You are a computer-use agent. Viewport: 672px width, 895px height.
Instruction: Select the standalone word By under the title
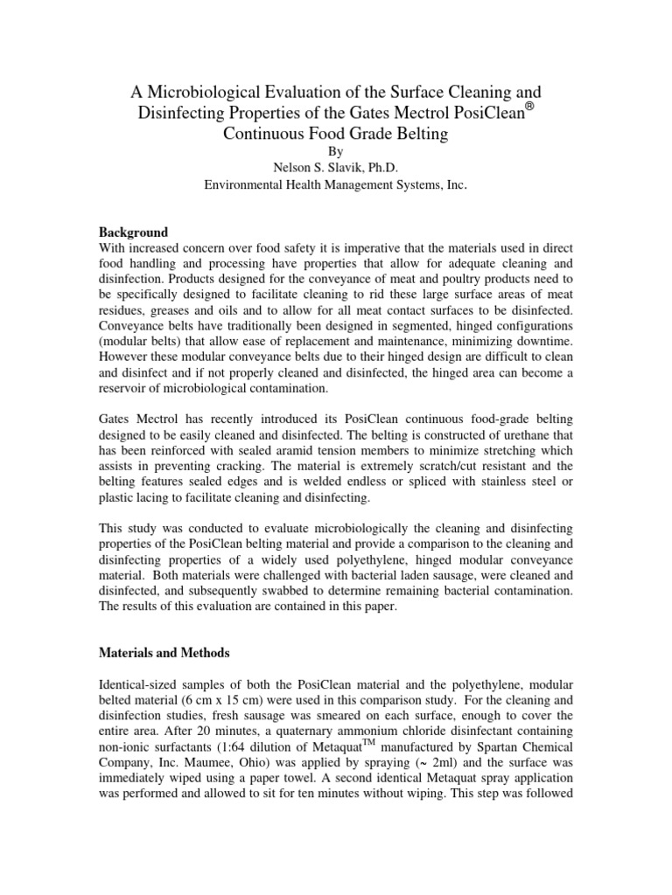click(336, 150)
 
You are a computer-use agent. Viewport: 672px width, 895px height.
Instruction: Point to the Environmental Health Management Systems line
click(335, 184)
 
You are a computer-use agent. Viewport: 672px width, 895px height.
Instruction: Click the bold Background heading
click(132, 233)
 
